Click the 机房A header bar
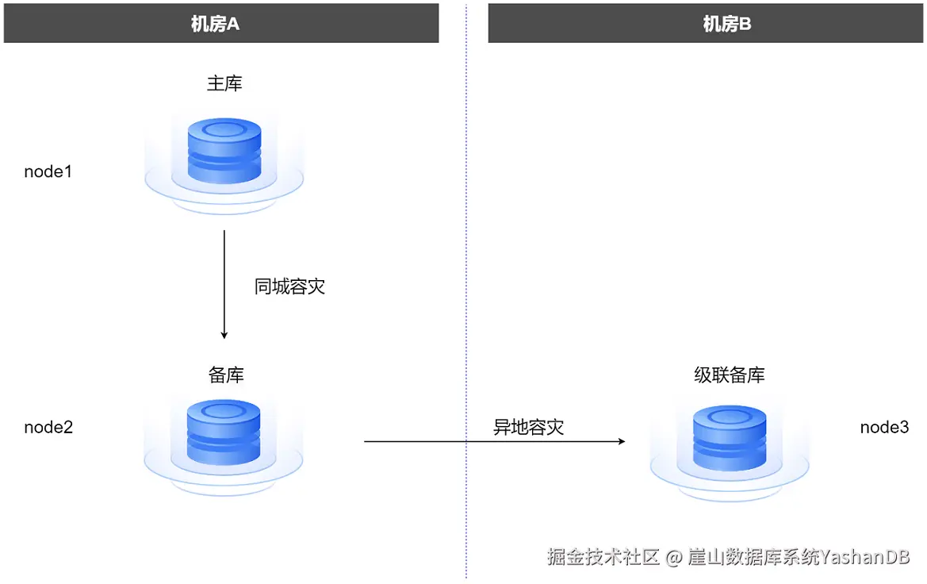coord(221,23)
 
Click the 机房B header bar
coord(707,23)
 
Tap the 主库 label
coord(224,83)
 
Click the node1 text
coord(48,171)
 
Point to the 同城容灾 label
coord(289,286)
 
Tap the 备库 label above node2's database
coord(226,375)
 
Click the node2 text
coord(48,427)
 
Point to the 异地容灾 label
coord(528,427)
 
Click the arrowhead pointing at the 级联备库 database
coord(621,440)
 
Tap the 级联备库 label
coord(730,375)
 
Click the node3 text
coord(884,427)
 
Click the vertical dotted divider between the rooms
coord(466,238)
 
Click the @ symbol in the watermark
coord(673,557)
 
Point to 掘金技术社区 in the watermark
coord(603,556)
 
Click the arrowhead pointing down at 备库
coord(224,334)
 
